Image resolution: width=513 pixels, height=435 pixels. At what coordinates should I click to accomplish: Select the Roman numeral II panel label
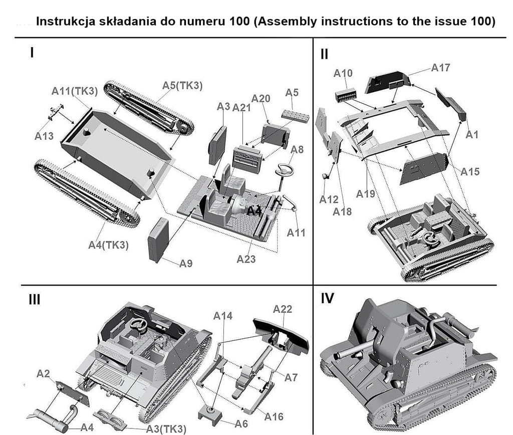325,54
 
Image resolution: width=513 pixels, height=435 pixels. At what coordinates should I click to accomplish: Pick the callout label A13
44,136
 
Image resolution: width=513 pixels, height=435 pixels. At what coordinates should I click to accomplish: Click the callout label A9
186,263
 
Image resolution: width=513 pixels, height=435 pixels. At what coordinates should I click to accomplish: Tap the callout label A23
246,259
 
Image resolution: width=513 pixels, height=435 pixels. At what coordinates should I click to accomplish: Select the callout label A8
297,149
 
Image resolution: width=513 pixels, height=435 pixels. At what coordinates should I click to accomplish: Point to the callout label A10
343,73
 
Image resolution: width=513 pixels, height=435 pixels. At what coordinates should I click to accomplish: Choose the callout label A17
441,68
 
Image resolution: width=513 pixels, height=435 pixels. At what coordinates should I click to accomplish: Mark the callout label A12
329,199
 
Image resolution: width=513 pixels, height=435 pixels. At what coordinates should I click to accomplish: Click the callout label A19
366,193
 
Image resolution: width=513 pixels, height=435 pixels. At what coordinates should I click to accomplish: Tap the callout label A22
283,309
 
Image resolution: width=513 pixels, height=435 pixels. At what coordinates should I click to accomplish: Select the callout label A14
223,316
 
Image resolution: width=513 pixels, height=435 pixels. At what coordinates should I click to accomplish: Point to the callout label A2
43,373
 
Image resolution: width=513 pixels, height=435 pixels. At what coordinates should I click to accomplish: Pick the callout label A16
274,416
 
